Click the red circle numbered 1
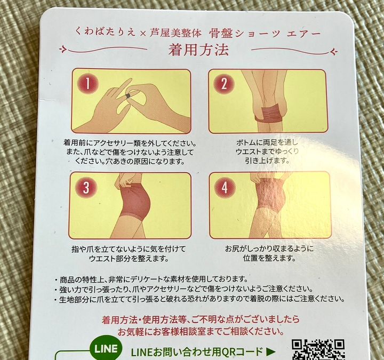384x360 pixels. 87,84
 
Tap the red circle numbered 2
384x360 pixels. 223,84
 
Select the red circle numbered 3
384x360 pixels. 86,187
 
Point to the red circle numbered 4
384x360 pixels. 225,188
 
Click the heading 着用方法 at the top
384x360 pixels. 198,50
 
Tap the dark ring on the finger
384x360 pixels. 129,96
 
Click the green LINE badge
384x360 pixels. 106,349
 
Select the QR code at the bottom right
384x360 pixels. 318,349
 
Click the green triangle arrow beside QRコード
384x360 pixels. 270,351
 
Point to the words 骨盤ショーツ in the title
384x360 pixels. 244,34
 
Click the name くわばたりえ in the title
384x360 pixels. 106,31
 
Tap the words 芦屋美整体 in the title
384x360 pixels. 175,33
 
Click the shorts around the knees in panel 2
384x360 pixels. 271,115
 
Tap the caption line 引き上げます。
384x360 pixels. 267,161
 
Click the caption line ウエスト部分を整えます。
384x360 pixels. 129,259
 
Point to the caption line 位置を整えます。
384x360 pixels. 269,258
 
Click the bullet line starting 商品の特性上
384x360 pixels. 151,279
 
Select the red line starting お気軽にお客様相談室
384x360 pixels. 201,332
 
